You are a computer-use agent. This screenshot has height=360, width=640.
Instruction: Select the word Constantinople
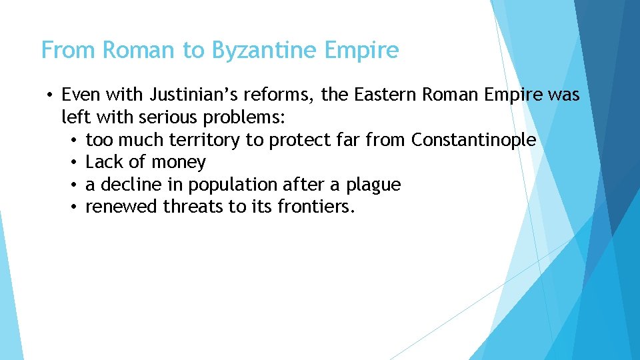point(473,140)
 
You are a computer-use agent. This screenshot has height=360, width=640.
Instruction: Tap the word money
point(178,162)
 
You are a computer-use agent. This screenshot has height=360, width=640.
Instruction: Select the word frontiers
point(316,207)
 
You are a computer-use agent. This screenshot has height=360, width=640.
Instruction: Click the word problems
point(245,118)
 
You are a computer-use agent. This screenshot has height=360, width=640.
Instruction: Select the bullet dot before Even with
point(50,95)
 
